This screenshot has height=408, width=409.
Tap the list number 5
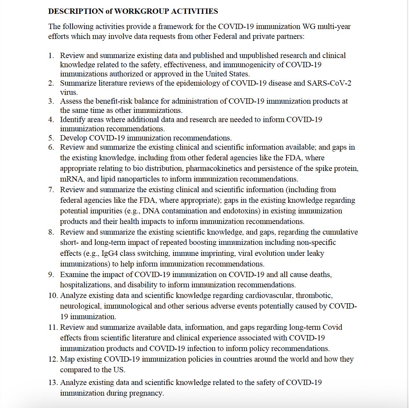(x=51, y=138)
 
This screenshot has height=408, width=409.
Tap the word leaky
(x=314, y=253)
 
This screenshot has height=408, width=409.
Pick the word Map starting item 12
(x=67, y=359)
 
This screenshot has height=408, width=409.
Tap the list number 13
(x=53, y=383)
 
